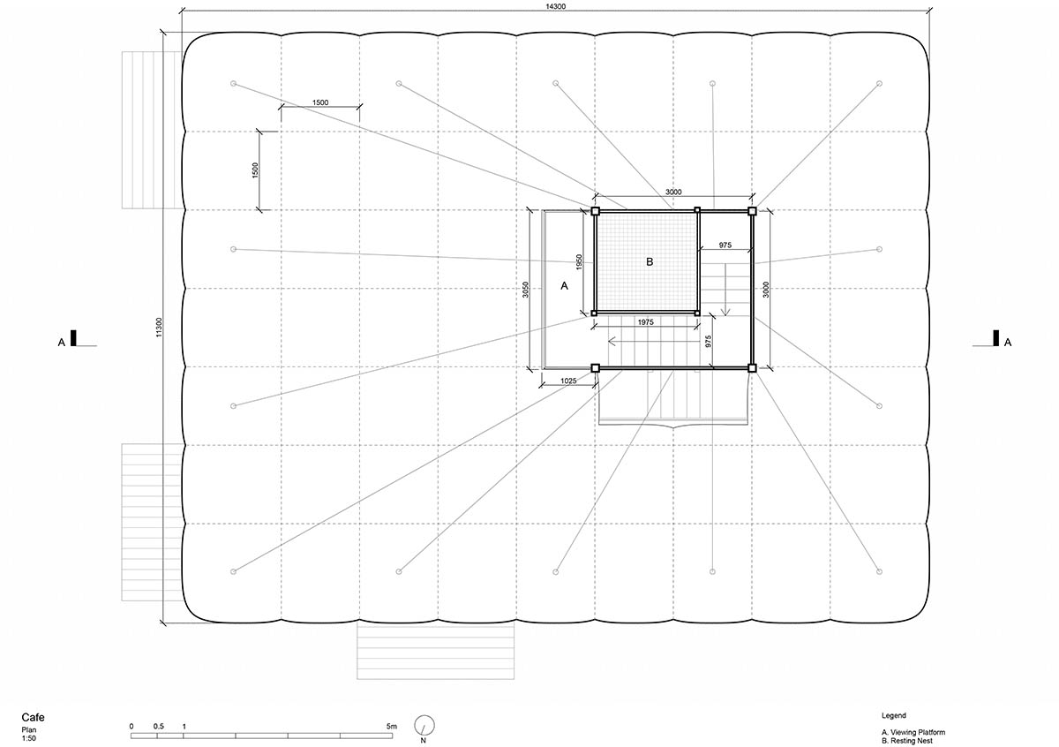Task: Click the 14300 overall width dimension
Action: pos(555,6)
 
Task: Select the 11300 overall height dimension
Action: pos(159,328)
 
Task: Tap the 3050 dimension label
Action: pos(525,290)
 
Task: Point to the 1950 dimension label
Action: pos(579,262)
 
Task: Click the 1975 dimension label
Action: pos(645,322)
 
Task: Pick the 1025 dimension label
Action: pos(568,381)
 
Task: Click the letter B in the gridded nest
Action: pos(650,261)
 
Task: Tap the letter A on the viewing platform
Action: pos(564,286)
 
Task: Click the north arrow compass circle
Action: pos(424,725)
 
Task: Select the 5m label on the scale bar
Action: pos(392,726)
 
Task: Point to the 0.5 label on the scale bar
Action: pos(158,726)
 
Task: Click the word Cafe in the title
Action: pos(34,717)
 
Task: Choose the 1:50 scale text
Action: pos(28,738)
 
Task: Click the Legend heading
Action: pos(893,715)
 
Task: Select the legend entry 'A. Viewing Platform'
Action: pos(913,732)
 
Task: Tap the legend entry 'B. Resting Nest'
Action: pos(907,741)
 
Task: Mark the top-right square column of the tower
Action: pos(752,211)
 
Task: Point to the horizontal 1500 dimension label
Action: pos(320,102)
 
